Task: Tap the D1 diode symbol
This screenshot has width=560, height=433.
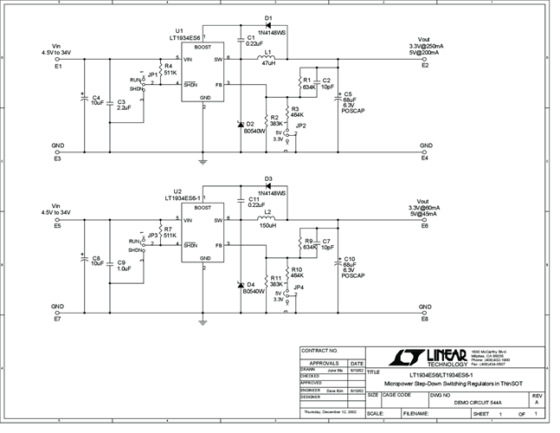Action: pos(268,17)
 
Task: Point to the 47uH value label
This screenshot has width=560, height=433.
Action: pos(268,64)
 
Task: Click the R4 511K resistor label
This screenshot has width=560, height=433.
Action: pos(170,69)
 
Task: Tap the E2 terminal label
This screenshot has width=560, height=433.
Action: pos(425,66)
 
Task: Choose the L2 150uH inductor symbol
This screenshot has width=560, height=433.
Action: pos(268,221)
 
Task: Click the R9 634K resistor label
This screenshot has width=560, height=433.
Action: pos(308,243)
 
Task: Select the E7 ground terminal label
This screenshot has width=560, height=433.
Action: pos(58,320)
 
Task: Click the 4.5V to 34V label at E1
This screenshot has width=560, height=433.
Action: pos(58,52)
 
